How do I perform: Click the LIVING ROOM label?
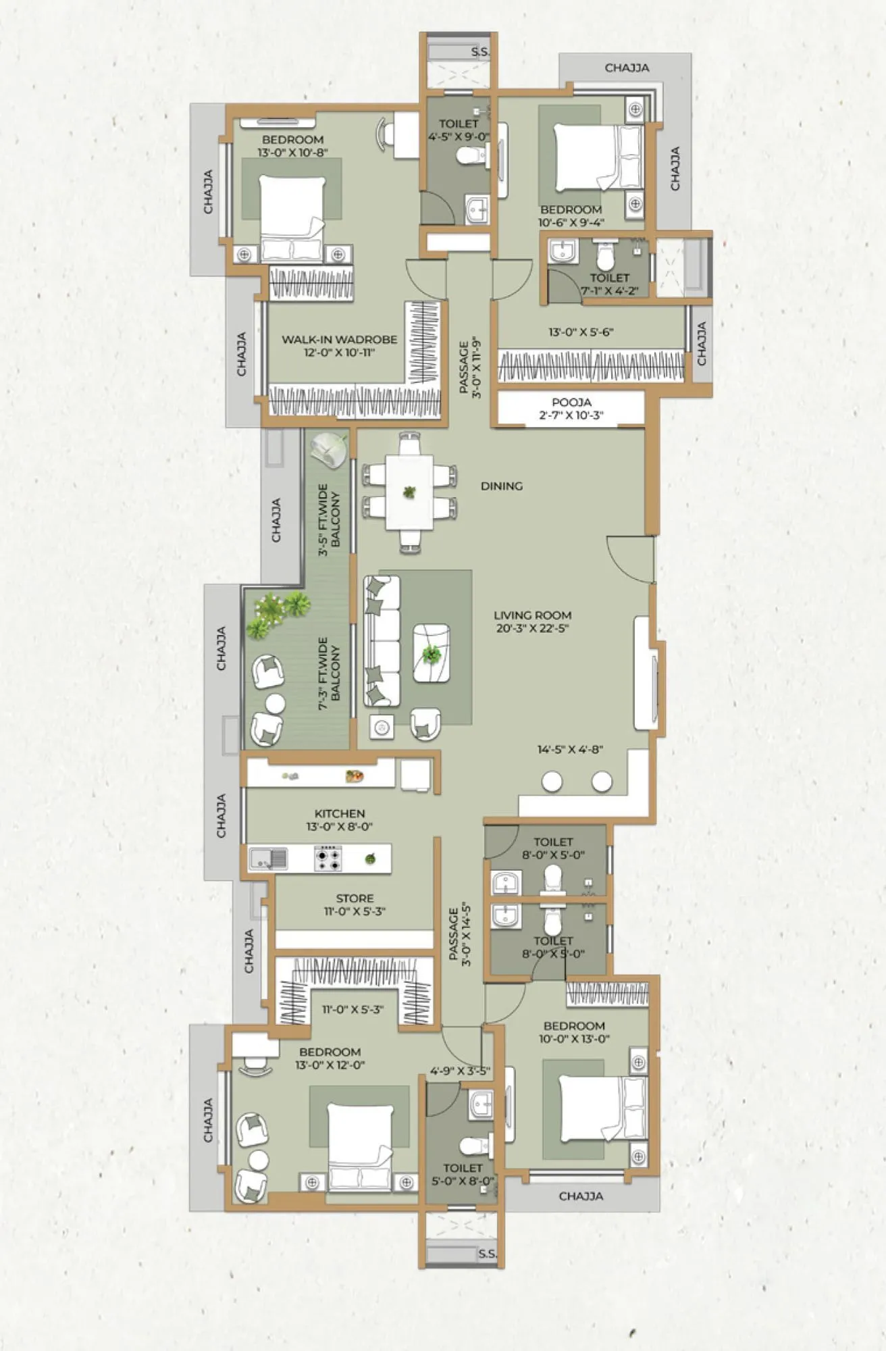click(x=532, y=615)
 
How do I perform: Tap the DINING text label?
click(x=502, y=486)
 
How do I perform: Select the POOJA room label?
click(x=571, y=403)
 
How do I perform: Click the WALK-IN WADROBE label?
click(x=339, y=340)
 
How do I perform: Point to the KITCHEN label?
click(x=340, y=814)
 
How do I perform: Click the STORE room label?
click(x=355, y=898)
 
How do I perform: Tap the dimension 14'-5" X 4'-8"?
click(x=570, y=749)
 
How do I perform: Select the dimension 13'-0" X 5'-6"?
click(x=581, y=332)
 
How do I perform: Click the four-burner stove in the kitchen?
click(x=328, y=859)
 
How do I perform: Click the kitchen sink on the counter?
click(x=268, y=859)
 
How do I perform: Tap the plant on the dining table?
click(x=409, y=492)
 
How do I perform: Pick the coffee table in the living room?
click(x=431, y=653)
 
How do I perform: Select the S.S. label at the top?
click(x=479, y=52)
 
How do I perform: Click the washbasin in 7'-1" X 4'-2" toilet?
click(x=561, y=252)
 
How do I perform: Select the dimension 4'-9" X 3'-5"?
click(x=460, y=1071)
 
